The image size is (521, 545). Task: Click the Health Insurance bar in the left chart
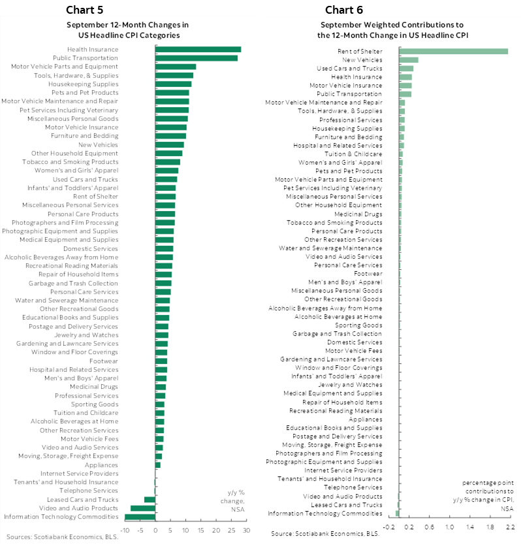pos(198,50)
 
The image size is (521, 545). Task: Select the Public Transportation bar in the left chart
pos(196,58)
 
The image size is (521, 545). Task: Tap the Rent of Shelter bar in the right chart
pos(454,51)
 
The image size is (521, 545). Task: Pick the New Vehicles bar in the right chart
pos(409,59)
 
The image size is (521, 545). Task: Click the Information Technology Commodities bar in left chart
pos(140,517)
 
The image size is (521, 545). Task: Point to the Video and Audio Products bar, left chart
pos(143,508)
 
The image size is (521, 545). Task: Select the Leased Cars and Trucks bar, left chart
pos(150,499)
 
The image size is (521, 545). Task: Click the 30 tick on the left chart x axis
pos(246,531)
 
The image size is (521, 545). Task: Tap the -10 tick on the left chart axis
pos(125,531)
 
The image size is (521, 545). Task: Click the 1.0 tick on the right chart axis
pos(449,525)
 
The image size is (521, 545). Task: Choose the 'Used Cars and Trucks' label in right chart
pos(349,68)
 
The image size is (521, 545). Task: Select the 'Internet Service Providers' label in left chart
pos(79,473)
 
